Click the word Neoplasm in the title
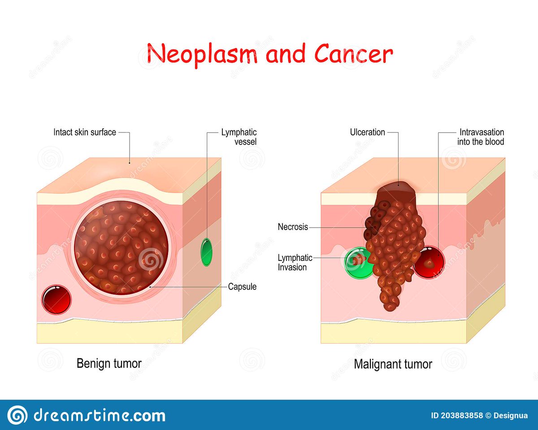pos(202,54)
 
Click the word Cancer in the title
pos(354,53)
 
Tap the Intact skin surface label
pos(85,132)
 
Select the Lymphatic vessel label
pos(239,137)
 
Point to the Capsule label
pos(242,287)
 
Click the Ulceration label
pos(367,132)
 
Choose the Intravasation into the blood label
pos(481,137)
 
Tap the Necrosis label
pos(293,227)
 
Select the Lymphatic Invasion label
pos(295,262)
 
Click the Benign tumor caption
pos(109,364)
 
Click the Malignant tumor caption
pos(393,364)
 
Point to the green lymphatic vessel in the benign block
pos(207,252)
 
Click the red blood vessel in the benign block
pos(56,299)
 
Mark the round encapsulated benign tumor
pos(121,247)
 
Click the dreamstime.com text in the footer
pos(100,416)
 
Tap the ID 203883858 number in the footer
pos(457,416)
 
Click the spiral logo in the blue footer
pos(17,416)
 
